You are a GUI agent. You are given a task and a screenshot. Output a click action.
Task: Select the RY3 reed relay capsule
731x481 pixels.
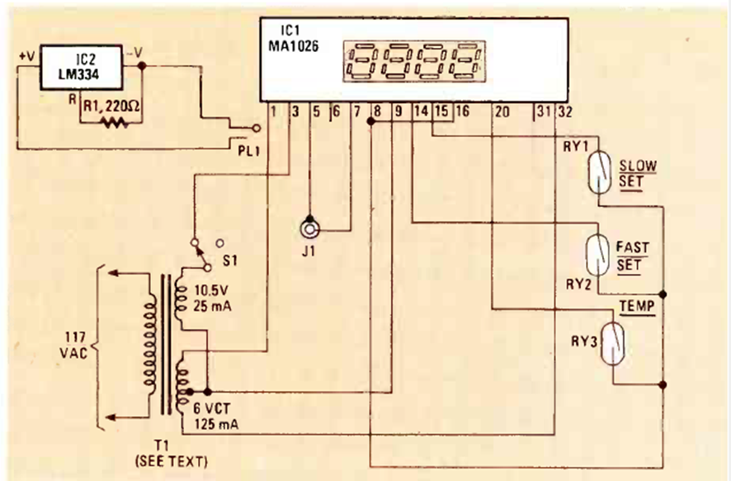tap(614, 344)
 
